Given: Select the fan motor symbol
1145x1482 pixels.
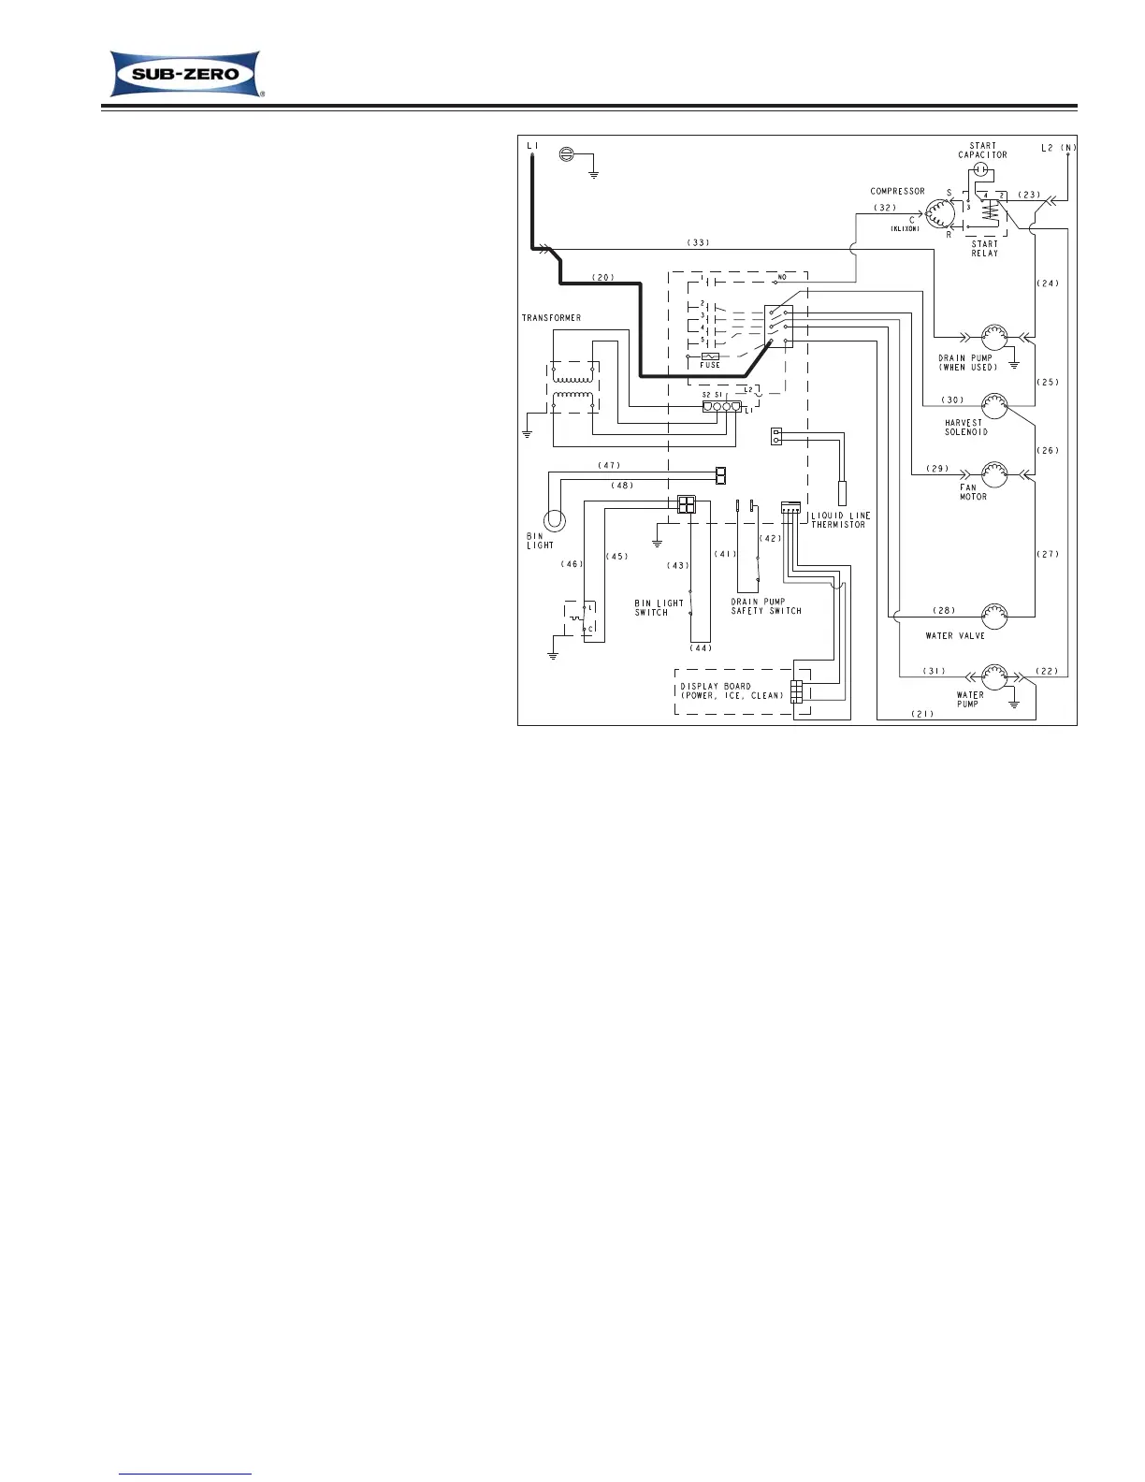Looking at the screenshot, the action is coord(993,472).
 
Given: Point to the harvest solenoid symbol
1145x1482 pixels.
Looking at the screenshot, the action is coord(993,406).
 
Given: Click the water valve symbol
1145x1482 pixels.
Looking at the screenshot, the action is coord(993,616).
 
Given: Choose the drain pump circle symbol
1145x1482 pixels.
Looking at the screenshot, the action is coord(993,337).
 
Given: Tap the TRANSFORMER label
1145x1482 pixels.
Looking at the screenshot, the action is coord(551,318).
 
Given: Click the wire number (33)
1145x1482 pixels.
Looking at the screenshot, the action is coord(699,242).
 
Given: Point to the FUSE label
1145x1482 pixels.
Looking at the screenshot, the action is coord(710,365).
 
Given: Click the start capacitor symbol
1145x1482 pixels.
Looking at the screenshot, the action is coord(980,169).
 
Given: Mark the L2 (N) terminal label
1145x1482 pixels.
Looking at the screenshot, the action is coord(1059,148).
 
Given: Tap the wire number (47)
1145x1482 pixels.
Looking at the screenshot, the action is coord(608,465).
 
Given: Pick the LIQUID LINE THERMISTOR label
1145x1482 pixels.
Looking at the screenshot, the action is coord(840,519).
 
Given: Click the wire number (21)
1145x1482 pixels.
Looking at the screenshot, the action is coord(923,714).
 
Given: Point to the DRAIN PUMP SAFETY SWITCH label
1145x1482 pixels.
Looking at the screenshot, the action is coord(766,606).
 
